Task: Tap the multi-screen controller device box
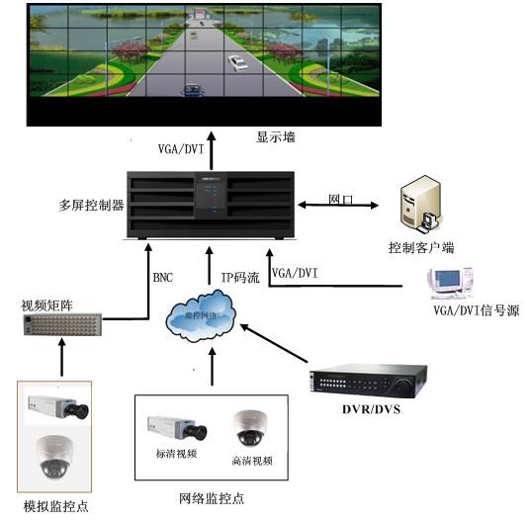click(214, 205)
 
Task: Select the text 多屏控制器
click(92, 206)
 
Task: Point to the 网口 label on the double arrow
click(340, 198)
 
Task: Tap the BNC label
click(163, 278)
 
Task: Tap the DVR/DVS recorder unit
click(368, 383)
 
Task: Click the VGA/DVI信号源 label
click(474, 310)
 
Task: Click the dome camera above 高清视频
click(248, 427)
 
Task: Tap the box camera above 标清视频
click(175, 427)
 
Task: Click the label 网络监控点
click(212, 499)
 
